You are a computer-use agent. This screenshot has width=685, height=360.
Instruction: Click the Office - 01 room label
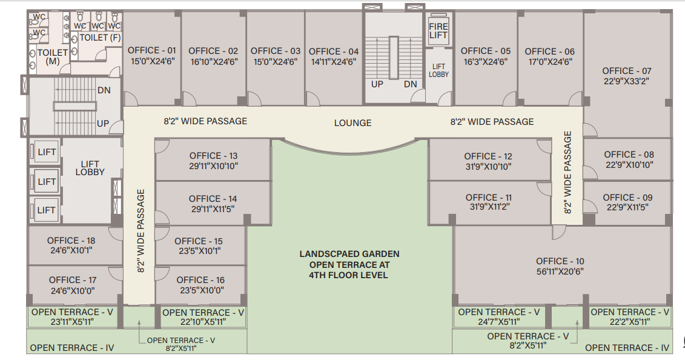pyautogui.click(x=151, y=51)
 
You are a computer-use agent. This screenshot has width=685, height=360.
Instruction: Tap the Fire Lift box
pyautogui.click(x=438, y=31)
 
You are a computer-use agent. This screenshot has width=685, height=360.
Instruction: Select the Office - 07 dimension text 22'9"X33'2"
pyautogui.click(x=626, y=81)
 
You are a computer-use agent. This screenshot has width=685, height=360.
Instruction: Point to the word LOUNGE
pyautogui.click(x=352, y=123)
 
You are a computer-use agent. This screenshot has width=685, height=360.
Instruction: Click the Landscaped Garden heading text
pyautogui.click(x=349, y=254)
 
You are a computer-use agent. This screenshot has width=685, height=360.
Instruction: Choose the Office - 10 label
pyautogui.click(x=560, y=261)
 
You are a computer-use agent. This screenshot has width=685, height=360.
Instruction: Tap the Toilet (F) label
pyautogui.click(x=100, y=38)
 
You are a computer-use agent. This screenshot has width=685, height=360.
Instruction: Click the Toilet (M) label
pyautogui.click(x=53, y=57)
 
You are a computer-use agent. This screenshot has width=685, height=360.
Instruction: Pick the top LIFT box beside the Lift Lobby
pyautogui.click(x=46, y=152)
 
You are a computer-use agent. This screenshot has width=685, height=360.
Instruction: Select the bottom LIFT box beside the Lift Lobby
pyautogui.click(x=46, y=210)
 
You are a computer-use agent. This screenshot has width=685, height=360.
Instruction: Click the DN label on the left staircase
pyautogui.click(x=104, y=90)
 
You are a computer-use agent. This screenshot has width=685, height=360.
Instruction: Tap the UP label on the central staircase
pyautogui.click(x=377, y=84)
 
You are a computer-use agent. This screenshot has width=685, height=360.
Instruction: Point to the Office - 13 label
pyautogui.click(x=213, y=156)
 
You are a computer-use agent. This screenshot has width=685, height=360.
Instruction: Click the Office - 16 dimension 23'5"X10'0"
pyautogui.click(x=201, y=290)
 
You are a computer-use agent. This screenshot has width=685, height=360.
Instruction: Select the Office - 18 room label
pyautogui.click(x=71, y=241)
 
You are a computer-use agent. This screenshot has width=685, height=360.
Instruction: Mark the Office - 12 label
pyautogui.click(x=488, y=156)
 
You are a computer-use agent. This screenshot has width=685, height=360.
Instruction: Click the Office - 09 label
pyautogui.click(x=627, y=198)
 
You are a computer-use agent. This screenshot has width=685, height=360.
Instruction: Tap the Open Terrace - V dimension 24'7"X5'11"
pyautogui.click(x=499, y=322)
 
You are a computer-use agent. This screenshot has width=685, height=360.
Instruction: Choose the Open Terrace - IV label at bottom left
pyautogui.click(x=72, y=348)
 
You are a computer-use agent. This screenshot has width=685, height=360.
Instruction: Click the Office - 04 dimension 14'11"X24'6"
pyautogui.click(x=333, y=62)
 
